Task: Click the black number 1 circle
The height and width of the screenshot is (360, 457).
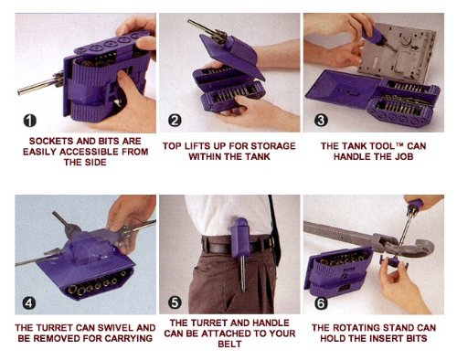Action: click(x=29, y=121)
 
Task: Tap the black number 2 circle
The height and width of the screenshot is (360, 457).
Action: click(x=175, y=121)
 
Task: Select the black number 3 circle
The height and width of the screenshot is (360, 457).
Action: click(x=321, y=120)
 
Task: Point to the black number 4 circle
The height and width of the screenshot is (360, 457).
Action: click(x=29, y=303)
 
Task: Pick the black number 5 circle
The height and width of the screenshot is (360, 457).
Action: click(x=175, y=302)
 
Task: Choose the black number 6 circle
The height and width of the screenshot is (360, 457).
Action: click(x=321, y=303)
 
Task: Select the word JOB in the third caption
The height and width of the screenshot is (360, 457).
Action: click(x=404, y=157)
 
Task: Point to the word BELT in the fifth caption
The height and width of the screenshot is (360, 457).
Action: click(x=229, y=344)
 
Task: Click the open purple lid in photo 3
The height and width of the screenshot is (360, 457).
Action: click(x=343, y=90)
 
